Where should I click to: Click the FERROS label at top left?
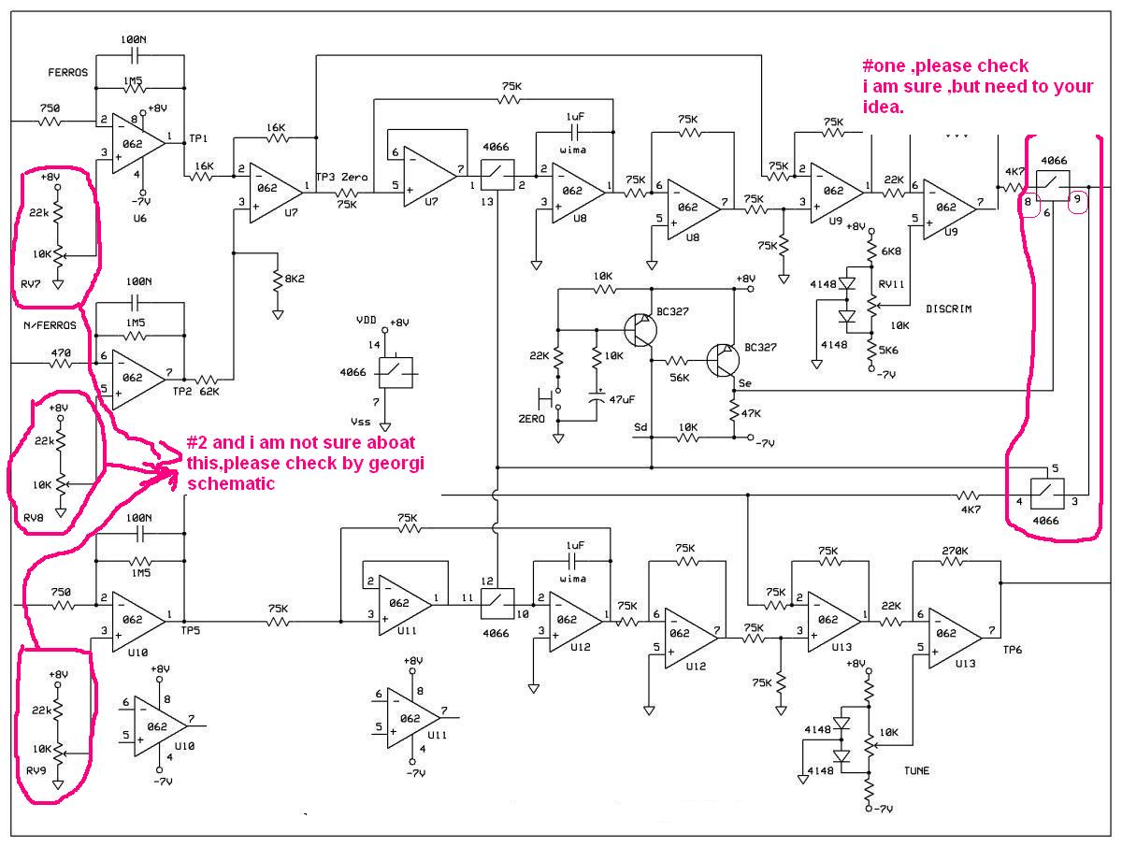[x=68, y=73]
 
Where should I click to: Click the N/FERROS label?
[x=50, y=325]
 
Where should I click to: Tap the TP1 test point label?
[x=198, y=138]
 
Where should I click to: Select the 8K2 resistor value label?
[x=295, y=279]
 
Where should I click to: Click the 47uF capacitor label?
[x=622, y=399]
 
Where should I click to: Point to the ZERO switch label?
[x=532, y=419]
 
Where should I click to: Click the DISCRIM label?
[x=949, y=309]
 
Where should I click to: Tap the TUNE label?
[x=916, y=771]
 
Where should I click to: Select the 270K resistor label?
[x=955, y=551]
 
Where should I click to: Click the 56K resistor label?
[x=680, y=378]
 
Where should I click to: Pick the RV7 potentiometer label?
[x=31, y=284]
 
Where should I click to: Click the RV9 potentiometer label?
[x=36, y=770]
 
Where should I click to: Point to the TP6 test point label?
[x=1012, y=650]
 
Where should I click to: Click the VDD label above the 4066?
[x=367, y=320]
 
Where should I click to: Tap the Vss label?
[x=360, y=422]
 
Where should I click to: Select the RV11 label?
[x=891, y=284]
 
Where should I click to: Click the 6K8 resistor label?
[x=891, y=251]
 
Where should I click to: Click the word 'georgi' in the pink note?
[x=396, y=464]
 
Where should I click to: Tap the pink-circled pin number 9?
[x=1077, y=199]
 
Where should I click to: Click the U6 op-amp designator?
[x=139, y=218]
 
